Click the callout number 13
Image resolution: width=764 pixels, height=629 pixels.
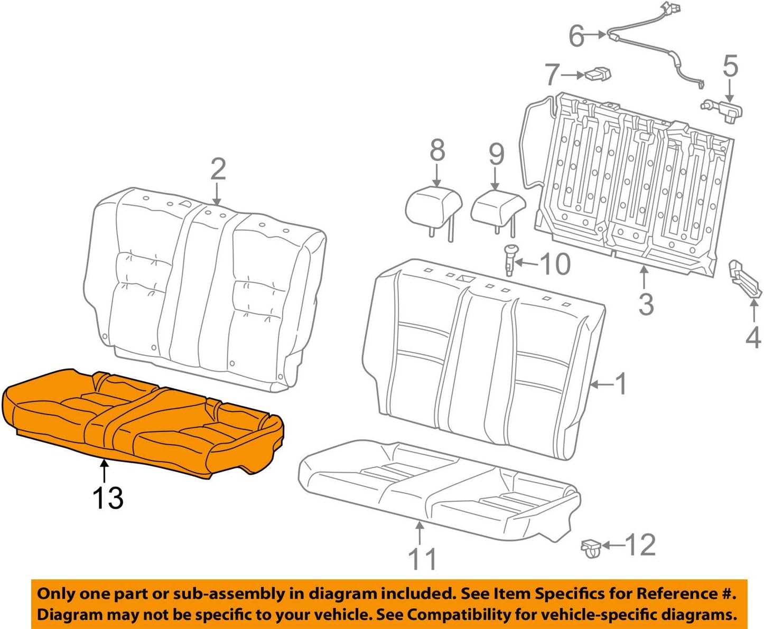[108, 498]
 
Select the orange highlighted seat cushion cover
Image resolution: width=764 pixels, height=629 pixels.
[143, 423]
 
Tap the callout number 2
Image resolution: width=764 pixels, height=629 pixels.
[218, 169]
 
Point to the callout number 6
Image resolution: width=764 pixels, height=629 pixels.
[576, 36]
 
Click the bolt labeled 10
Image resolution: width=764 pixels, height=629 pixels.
[510, 260]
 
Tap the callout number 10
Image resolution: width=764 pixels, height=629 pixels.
[555, 264]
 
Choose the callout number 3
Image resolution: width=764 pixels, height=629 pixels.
[646, 304]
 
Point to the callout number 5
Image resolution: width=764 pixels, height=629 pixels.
[730, 66]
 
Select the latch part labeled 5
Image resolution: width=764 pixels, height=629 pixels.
[724, 110]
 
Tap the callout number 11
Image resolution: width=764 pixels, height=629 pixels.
[422, 559]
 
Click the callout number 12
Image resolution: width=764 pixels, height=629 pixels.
[640, 544]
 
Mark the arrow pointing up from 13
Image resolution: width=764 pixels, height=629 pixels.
[105, 470]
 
